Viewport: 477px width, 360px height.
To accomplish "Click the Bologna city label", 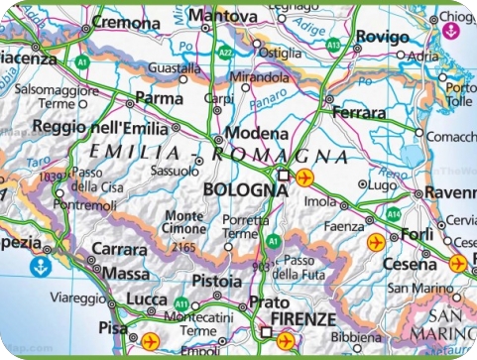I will pyautogui.click(x=244, y=188).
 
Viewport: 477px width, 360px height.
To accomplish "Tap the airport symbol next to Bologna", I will pyautogui.click(x=304, y=178).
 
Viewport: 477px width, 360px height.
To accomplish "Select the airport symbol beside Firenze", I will pyautogui.click(x=286, y=341).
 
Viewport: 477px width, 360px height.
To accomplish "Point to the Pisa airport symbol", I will pyautogui.click(x=151, y=341).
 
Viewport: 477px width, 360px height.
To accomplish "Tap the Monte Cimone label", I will pyautogui.click(x=184, y=222).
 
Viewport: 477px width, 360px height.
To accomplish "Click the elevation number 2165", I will pyautogui.click(x=182, y=245).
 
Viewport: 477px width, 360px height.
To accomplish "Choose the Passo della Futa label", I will pyautogui.click(x=297, y=265).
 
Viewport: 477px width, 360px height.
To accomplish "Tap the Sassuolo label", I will pyautogui.click(x=166, y=170).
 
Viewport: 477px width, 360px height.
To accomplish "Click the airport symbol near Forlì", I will pyautogui.click(x=376, y=241).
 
